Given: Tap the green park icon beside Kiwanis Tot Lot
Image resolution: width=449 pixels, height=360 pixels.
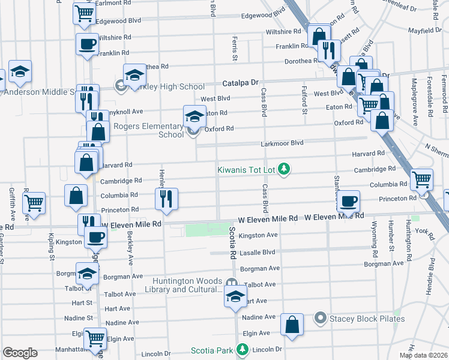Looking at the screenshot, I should (285, 170).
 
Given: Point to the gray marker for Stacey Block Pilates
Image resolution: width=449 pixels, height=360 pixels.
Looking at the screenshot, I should (321, 318).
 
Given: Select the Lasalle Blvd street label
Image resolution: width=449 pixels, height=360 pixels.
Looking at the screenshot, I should (257, 253).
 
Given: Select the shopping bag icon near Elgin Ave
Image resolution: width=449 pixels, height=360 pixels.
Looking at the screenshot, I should (292, 324).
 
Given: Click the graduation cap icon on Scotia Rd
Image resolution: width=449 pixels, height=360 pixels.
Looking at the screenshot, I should (235, 296).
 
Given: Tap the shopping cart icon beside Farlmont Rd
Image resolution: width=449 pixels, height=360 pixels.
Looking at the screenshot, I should (85, 11).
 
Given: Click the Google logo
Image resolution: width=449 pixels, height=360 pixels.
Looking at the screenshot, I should (20, 353).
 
